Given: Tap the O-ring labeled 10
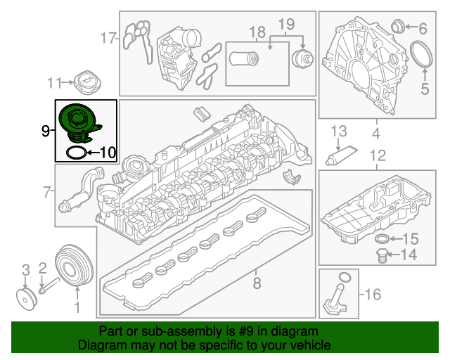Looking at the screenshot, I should (x=77, y=152).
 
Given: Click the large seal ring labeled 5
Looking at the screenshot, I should (x=422, y=56).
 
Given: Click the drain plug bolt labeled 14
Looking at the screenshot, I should (x=381, y=255).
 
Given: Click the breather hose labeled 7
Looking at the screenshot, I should (x=80, y=190).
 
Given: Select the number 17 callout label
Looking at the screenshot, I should (x=108, y=37).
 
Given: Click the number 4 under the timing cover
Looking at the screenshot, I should (x=376, y=133).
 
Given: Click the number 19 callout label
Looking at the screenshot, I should (x=286, y=26).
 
